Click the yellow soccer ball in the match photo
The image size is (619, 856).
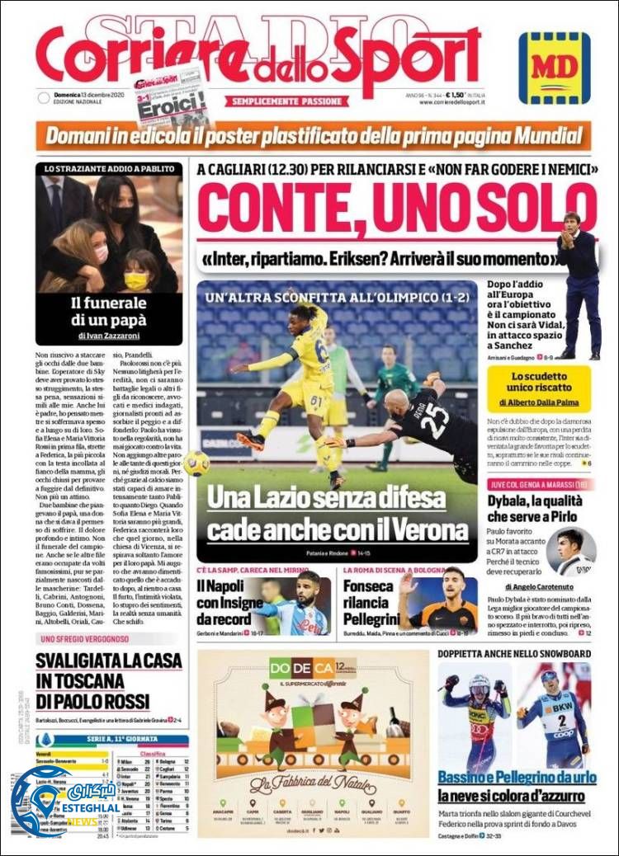[x=196, y=463]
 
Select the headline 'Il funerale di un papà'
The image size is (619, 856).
[x=109, y=311]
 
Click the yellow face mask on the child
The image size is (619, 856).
[x=137, y=280]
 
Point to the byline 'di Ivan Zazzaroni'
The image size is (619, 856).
[x=109, y=336]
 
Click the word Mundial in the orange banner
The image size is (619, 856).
[x=540, y=134]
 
